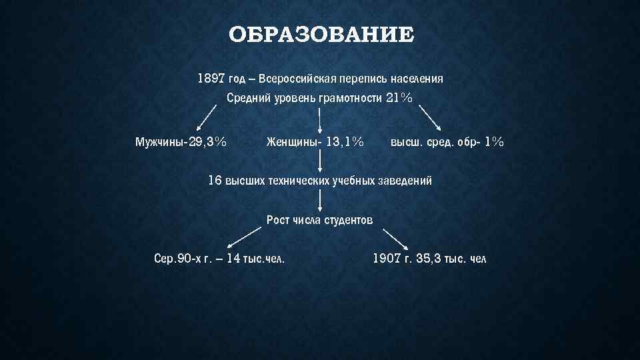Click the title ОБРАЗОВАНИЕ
click(320, 35)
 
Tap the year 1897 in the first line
click(211, 79)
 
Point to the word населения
click(415, 79)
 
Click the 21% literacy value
click(399, 98)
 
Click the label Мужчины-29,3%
click(181, 142)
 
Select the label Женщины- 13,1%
click(315, 142)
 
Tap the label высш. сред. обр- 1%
click(447, 142)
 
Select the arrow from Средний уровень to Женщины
click(321, 120)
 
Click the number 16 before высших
click(215, 181)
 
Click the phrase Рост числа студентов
click(319, 220)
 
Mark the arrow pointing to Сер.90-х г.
click(244, 237)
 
